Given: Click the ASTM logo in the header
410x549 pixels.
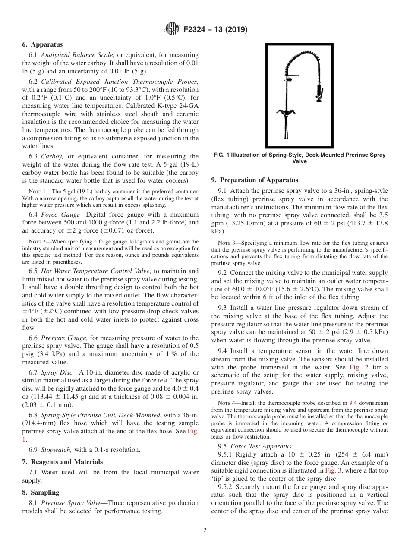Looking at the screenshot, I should click(172, 29).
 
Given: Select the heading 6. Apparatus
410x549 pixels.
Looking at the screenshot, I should click(42, 44).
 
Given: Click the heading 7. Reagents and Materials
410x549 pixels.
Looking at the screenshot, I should click(63, 462).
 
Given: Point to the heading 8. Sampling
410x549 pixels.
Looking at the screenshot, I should click(41, 492).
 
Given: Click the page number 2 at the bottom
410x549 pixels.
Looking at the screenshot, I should click(205, 530).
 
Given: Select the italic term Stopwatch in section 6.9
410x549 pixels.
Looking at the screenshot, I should click(56, 450).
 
